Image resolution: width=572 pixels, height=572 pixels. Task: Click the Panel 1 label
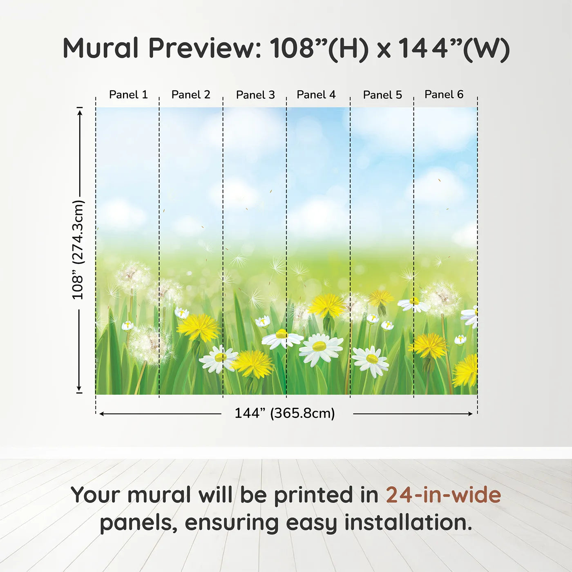128,95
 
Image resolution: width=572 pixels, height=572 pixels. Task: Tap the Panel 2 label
191,95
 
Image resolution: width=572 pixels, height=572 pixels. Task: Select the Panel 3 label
256,95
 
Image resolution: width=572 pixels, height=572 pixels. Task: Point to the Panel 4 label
316,95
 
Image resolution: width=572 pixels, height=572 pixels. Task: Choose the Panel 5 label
382,95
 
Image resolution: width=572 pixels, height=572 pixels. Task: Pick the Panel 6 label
444,94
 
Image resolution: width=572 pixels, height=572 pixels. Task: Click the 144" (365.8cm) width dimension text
285,413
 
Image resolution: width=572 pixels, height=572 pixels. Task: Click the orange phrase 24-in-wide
443,495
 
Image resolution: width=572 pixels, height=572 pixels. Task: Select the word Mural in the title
101,48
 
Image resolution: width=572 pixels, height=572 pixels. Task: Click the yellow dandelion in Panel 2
199,327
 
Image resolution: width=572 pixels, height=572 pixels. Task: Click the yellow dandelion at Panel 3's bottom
252,364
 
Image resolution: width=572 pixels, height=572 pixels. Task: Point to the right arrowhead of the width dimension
471,414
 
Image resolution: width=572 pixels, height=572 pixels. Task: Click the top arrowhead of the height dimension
80,112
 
